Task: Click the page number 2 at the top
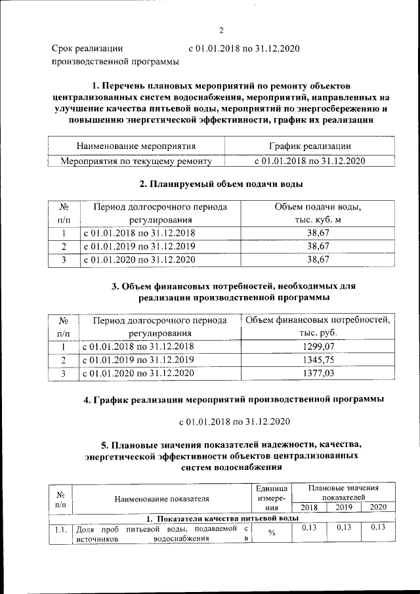(221, 30)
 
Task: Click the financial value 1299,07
(318, 346)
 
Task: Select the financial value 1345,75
(318, 360)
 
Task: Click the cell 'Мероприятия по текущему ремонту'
(136, 160)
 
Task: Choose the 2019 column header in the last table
(343, 507)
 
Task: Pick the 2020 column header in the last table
(378, 507)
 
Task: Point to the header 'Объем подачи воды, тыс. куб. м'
(318, 213)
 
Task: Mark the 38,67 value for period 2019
(318, 246)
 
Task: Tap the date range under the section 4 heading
(234, 420)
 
